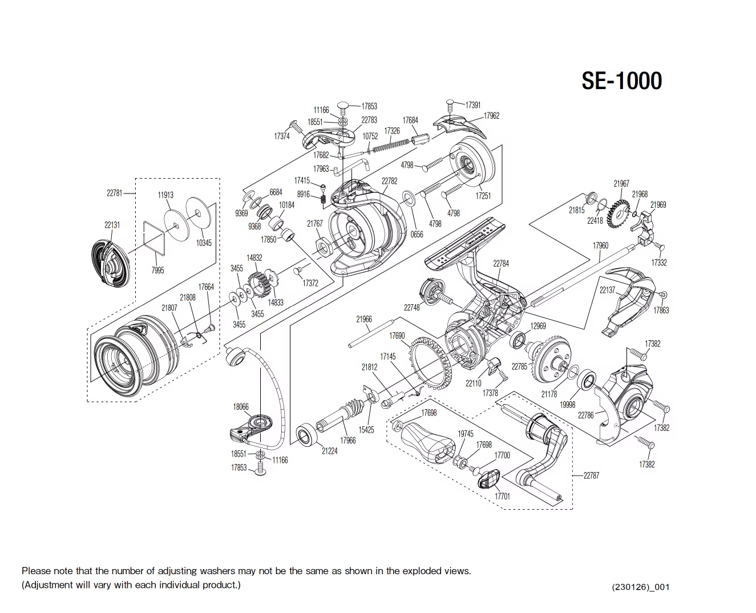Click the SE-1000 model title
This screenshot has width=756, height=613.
coord(621,81)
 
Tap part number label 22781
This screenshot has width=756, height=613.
coord(115,193)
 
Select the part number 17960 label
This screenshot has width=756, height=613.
coord(600,246)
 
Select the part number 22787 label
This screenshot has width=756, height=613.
coord(591,475)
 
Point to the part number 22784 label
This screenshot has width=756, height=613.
coord(501,264)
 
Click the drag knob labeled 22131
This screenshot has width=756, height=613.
coord(111,263)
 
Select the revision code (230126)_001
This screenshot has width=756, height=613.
coord(640,587)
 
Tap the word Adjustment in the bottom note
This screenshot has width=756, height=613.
coord(50,585)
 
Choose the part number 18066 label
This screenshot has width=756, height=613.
coord(241,407)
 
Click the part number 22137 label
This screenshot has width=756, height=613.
coord(607,290)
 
